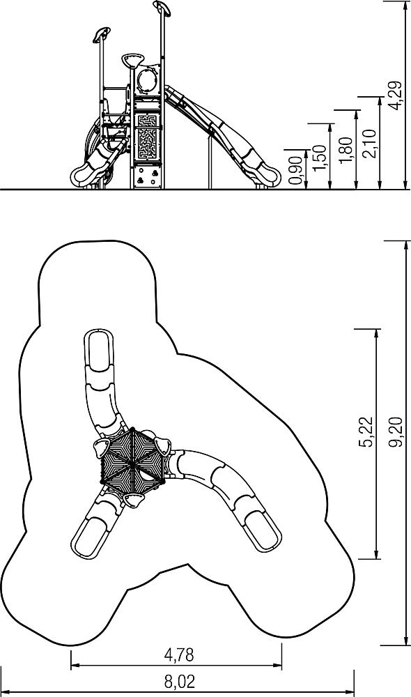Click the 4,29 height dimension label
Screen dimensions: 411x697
click(x=394, y=95)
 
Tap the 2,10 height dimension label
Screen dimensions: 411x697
click(x=370, y=143)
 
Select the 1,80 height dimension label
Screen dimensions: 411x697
click(x=346, y=151)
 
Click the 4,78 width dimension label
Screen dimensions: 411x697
click(x=179, y=654)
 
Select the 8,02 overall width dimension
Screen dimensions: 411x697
click(x=180, y=681)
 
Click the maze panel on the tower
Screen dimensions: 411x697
click(x=147, y=137)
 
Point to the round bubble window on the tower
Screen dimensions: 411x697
click(x=146, y=80)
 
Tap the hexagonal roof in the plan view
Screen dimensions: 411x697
click(x=132, y=462)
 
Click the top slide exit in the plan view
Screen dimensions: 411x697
click(x=99, y=351)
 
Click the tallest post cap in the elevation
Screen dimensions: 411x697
click(x=162, y=8)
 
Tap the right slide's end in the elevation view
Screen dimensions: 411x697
click(x=267, y=176)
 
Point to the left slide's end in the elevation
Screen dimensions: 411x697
click(x=84, y=176)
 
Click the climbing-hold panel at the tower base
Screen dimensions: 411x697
click(x=147, y=177)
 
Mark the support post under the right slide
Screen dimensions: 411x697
click(x=210, y=162)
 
